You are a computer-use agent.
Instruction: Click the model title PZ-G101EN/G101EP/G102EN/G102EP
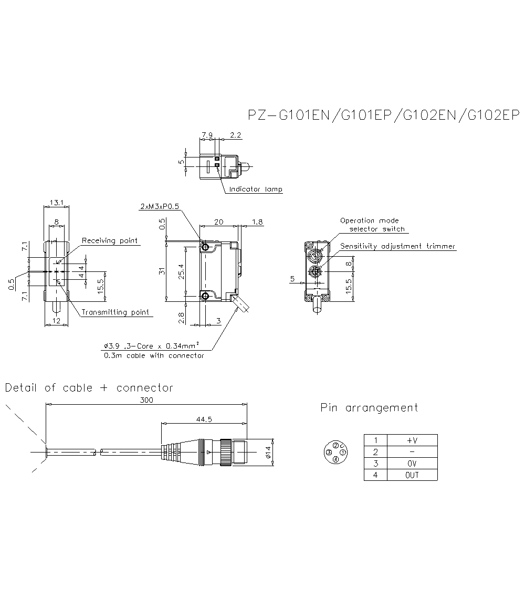tap(383, 115)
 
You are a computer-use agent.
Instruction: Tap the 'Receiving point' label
tap(110, 241)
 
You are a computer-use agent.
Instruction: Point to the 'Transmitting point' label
tap(115, 312)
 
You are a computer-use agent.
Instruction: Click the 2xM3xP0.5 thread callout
tap(160, 207)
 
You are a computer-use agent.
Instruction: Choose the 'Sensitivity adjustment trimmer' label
tap(397, 246)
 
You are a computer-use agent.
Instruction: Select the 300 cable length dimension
tap(147, 400)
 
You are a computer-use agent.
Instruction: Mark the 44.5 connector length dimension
tap(204, 419)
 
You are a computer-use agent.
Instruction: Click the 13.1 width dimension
tap(56, 203)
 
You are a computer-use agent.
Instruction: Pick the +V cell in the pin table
tap(412, 440)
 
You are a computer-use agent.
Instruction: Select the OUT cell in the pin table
tap(412, 475)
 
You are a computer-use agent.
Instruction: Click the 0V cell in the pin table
tap(412, 464)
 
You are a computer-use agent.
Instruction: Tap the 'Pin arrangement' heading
tap(369, 407)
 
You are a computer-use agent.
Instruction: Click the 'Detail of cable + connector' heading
tap(89, 388)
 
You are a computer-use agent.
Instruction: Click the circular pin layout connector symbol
tap(335, 453)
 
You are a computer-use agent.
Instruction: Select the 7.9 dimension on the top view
tap(207, 135)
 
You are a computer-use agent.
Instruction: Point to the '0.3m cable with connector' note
tap(153, 355)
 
